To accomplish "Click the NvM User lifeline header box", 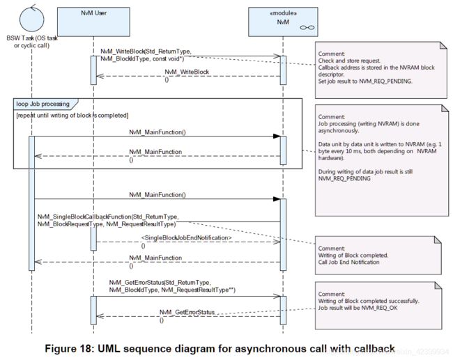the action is pos(93,22).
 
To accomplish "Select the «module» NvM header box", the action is pos(283,22).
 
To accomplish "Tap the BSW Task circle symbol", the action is pos(32,19).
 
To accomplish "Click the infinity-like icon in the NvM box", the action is pos(307,28).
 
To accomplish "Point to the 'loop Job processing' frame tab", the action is pos(45,104).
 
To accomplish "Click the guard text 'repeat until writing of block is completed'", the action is pos(72,116).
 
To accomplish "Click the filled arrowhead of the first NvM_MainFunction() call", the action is pos(277,136).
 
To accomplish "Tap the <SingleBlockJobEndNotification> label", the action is pos(186,238).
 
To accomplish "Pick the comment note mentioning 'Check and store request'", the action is pos(381,70).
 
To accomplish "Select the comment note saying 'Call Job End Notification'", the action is pos(378,256).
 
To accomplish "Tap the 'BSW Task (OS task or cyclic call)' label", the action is pos(32,42).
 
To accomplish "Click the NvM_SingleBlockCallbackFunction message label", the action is pos(108,220).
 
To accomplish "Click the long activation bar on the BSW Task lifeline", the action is pos(32,203).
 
